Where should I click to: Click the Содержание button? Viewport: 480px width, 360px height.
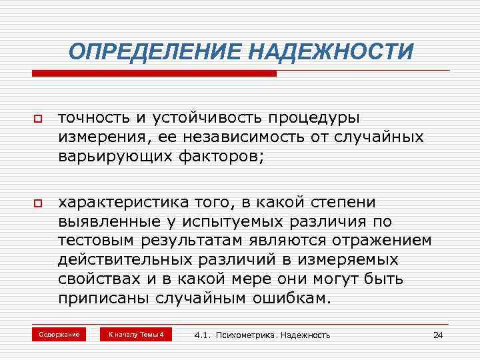59,334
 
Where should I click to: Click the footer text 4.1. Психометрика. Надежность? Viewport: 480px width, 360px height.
262,335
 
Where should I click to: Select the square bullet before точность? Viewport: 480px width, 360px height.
37,119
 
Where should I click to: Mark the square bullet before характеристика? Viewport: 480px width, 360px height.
37,203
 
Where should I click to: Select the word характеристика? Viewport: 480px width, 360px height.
117,202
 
